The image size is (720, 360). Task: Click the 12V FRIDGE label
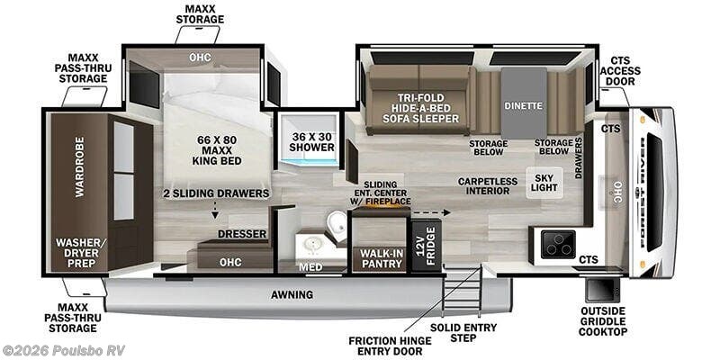click(427, 246)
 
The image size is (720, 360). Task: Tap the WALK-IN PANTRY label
click(381, 258)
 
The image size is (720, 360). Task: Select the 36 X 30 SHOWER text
click(312, 142)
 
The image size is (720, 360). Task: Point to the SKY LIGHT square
click(544, 183)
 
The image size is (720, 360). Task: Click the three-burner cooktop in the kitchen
click(558, 244)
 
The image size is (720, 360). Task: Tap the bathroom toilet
click(337, 223)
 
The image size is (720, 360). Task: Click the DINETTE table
click(524, 103)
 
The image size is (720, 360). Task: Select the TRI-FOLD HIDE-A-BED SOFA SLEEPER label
click(422, 108)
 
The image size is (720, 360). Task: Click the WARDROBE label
click(80, 166)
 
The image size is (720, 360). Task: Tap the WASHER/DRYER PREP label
click(76, 253)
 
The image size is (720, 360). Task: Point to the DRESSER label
click(242, 234)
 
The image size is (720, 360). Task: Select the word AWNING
click(292, 295)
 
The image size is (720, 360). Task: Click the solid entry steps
click(463, 291)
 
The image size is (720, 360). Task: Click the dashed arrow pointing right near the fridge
click(431, 212)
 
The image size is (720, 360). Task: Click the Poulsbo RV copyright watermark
click(63, 350)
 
